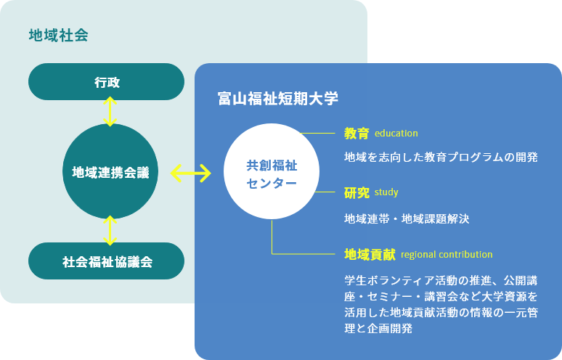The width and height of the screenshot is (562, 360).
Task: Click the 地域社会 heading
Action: [x=58, y=36]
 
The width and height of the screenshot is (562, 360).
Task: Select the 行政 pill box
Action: [x=107, y=82]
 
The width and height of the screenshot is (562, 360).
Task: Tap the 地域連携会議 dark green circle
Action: [x=110, y=171]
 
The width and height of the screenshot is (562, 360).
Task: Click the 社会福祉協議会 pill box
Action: [x=107, y=261]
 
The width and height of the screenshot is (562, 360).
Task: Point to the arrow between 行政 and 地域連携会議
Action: [x=110, y=111]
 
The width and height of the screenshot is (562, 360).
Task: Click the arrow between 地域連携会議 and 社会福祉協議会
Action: [x=110, y=230]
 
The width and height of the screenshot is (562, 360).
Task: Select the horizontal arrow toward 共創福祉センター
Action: [x=191, y=173]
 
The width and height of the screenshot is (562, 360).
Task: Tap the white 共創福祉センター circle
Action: [x=272, y=171]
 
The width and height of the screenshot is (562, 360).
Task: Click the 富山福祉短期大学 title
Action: [x=278, y=99]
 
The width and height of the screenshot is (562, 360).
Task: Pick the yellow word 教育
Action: [x=357, y=134]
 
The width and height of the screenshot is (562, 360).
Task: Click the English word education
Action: [x=396, y=134]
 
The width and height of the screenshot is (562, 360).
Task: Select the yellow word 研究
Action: [x=357, y=193]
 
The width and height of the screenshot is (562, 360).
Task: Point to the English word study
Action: [x=386, y=192]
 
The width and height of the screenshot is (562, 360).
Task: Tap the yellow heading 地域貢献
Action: [x=370, y=254]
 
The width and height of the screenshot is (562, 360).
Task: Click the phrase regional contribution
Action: [x=447, y=254]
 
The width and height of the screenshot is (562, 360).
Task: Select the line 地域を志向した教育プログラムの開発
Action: [x=441, y=157]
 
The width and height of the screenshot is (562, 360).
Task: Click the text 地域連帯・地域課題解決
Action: [x=407, y=218]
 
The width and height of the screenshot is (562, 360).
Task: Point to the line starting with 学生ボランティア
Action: [x=441, y=280]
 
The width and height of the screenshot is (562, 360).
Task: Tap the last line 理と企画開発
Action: [x=378, y=328]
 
